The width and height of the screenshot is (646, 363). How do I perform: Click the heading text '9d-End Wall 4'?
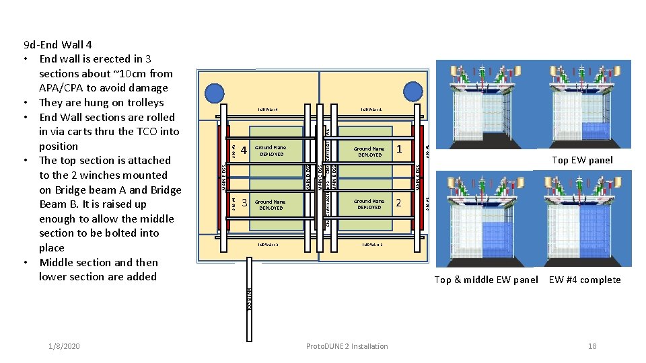[x=57, y=45]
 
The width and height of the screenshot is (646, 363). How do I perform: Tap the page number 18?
[x=592, y=346]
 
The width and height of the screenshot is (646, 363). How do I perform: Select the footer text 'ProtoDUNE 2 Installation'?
[x=347, y=346]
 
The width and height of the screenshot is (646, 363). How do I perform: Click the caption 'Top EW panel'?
[x=582, y=160]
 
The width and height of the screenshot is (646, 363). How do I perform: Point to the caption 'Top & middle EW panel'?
[x=486, y=280]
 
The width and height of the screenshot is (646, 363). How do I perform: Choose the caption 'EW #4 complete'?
[x=585, y=280]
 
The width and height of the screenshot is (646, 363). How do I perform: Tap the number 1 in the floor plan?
[x=399, y=149]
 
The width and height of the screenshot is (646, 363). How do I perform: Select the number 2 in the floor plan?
[x=399, y=202]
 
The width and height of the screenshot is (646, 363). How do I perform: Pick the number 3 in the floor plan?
[x=244, y=203]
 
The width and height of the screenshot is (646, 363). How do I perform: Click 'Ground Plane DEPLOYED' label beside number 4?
[x=270, y=151]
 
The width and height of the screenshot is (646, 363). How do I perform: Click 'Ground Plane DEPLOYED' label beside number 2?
[x=369, y=204]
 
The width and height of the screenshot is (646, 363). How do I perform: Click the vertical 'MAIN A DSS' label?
[x=418, y=176]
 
